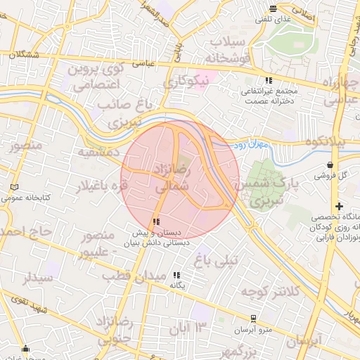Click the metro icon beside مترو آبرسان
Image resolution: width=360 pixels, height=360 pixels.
coord(253,318)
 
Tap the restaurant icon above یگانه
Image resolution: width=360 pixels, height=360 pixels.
coord(176,275)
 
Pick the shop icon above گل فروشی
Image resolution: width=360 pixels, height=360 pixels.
coord(330,165)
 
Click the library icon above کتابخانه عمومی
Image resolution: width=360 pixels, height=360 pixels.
coord(15,188)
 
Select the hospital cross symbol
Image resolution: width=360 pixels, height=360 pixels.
coord(339,207)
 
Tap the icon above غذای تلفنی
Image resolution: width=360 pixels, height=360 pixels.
coord(274,8)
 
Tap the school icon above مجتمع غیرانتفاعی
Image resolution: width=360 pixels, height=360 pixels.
coord(269,80)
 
